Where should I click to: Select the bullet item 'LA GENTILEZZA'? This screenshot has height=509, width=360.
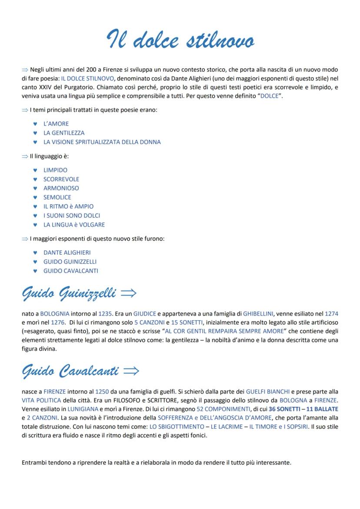click(x=64, y=133)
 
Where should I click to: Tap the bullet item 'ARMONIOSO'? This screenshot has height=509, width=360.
click(x=61, y=188)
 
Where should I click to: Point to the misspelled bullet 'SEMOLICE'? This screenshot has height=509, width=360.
click(x=57, y=197)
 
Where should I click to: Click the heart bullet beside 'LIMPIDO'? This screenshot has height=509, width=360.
click(x=35, y=170)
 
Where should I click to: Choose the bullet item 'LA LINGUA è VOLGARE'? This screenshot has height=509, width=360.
click(x=74, y=225)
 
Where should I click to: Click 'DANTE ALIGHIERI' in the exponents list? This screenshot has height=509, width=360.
click(x=67, y=253)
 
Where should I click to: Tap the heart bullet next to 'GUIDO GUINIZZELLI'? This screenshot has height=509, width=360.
click(x=35, y=262)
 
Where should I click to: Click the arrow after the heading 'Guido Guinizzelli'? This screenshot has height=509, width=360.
click(x=129, y=293)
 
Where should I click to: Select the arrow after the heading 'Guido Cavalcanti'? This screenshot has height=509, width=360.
click(x=131, y=371)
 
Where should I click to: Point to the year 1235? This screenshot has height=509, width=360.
click(x=105, y=313)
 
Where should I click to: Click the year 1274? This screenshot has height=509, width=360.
click(x=331, y=313)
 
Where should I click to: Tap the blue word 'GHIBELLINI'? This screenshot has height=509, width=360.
click(x=258, y=313)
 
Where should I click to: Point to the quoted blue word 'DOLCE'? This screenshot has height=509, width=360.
click(x=269, y=96)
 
